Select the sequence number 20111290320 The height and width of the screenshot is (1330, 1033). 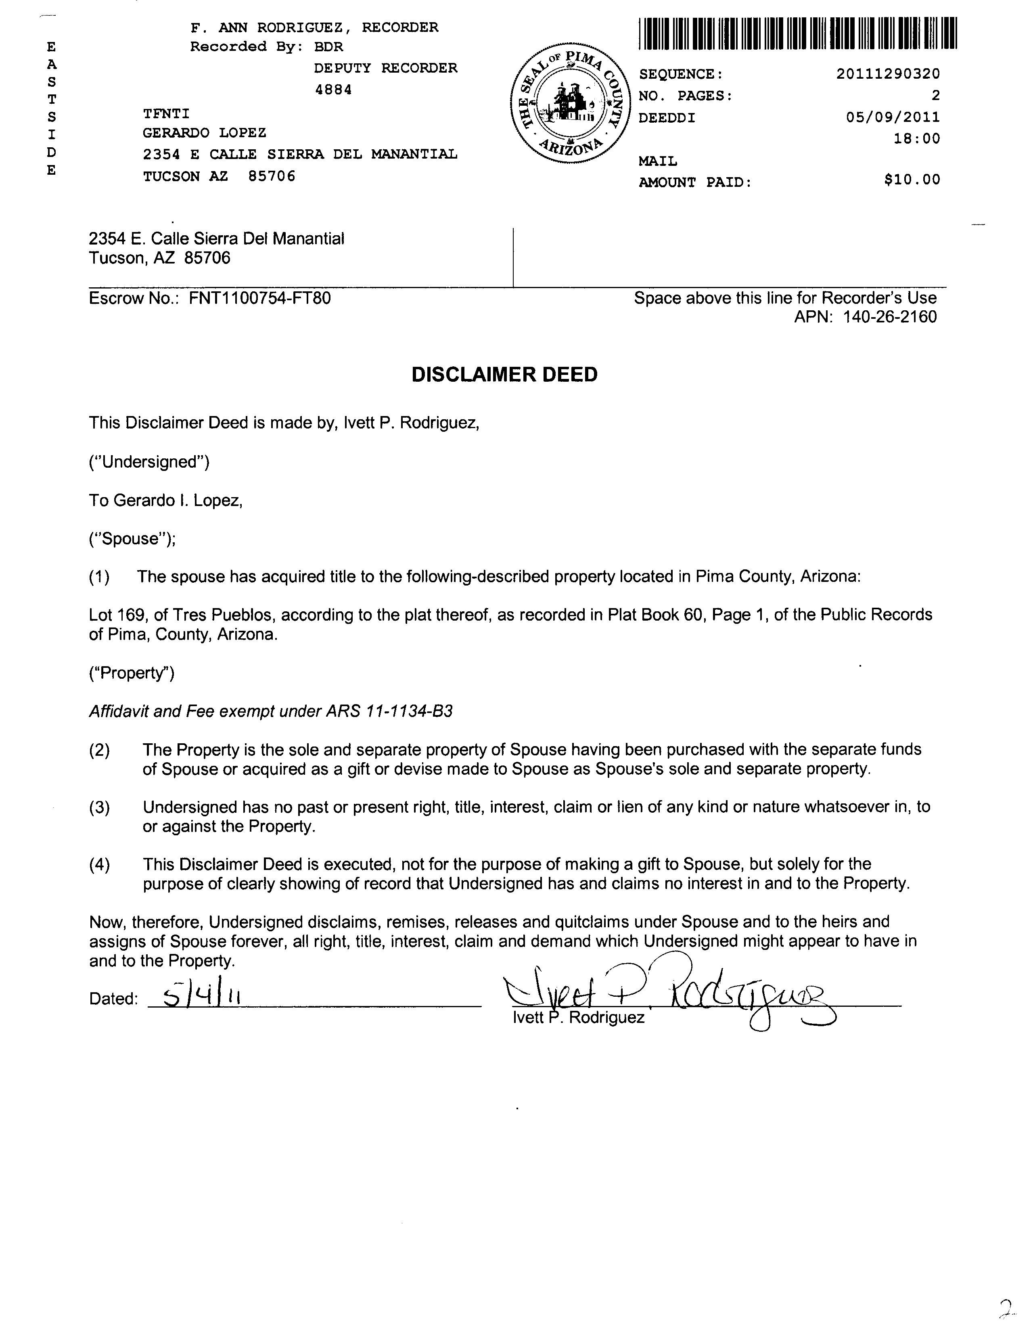(887, 74)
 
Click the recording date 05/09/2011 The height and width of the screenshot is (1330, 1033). (892, 117)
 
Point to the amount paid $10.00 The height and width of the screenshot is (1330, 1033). (912, 180)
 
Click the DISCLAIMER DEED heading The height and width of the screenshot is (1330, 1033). (504, 374)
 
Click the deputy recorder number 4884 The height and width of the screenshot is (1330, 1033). (333, 90)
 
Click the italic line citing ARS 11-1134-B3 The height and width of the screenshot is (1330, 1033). (271, 711)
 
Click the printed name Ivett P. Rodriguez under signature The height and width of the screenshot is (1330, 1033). (579, 1018)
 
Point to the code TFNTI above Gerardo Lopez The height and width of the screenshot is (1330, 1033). (166, 114)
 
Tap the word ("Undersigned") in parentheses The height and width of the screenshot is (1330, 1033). (149, 462)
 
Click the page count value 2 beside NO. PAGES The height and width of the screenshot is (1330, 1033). (935, 96)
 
